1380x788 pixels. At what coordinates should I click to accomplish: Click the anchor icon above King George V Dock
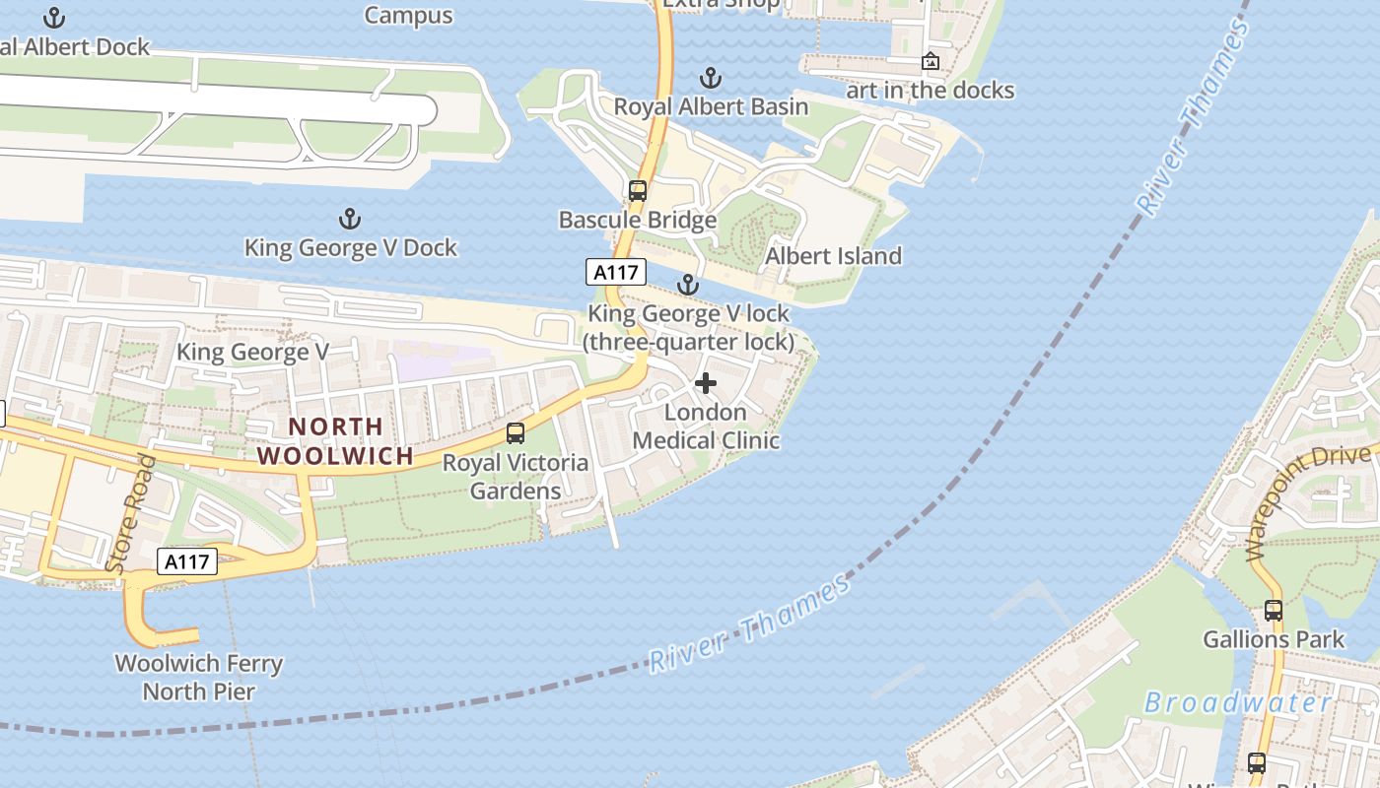349,219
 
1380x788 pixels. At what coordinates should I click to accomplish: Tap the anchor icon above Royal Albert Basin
710,78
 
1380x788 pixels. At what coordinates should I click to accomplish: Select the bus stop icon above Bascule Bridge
638,191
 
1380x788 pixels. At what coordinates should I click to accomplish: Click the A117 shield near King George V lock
615,271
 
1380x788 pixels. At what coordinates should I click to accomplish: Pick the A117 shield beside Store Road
187,561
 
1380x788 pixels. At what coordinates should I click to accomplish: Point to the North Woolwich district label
335,441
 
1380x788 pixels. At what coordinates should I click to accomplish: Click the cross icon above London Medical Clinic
706,383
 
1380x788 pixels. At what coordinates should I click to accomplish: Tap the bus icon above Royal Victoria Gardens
515,432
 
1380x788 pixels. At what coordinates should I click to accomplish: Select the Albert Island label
833,256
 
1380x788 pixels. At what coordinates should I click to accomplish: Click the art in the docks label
930,91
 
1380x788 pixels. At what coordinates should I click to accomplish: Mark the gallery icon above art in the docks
930,62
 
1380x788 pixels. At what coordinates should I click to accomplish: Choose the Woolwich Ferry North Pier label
199,678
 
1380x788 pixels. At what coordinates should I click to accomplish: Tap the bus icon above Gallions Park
1273,611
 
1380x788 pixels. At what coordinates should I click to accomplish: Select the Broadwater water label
1238,702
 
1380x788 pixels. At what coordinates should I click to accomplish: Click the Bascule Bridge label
637,220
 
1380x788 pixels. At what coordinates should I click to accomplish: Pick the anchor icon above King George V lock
687,286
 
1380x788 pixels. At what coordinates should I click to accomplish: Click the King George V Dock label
350,247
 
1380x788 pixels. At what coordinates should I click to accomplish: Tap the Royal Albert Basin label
711,106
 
